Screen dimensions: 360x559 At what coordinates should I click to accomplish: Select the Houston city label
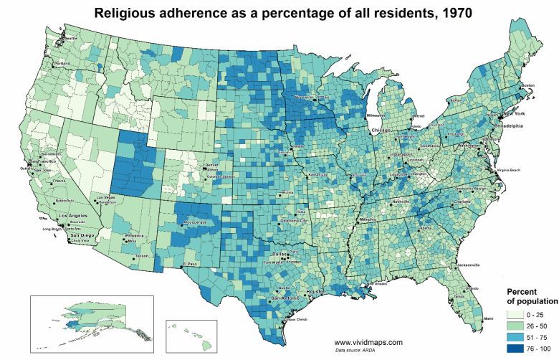tap(315, 292)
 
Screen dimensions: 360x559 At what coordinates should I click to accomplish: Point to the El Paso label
tap(189, 264)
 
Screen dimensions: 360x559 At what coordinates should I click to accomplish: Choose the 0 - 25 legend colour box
tap(520, 315)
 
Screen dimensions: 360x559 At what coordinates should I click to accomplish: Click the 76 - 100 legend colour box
tap(520, 349)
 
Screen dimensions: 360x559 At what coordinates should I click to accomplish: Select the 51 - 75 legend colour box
tap(520, 338)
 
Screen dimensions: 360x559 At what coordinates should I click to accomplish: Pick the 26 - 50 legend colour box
tap(520, 326)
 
